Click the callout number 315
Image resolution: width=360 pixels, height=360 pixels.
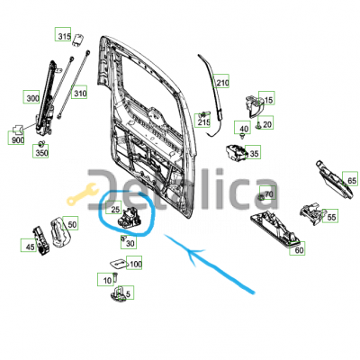click(64, 37)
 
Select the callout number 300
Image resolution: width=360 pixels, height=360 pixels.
click(32, 98)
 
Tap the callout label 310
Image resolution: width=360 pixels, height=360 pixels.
click(80, 94)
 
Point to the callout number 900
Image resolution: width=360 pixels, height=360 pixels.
click(17, 139)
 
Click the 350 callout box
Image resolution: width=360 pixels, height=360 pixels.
click(41, 153)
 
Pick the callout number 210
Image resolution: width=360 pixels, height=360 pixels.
click(222, 83)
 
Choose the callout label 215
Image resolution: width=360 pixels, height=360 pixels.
click(203, 122)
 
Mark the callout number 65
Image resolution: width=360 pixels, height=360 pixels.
click(352, 181)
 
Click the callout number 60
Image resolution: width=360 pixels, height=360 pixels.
click(299, 250)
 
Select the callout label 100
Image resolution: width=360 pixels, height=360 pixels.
click(135, 265)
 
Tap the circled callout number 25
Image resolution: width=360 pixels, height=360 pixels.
click(115, 210)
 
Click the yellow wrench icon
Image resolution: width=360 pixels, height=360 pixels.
click(82, 194)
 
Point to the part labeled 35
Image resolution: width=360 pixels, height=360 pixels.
click(236, 152)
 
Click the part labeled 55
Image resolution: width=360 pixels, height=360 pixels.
click(311, 212)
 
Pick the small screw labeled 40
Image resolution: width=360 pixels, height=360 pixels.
click(243, 137)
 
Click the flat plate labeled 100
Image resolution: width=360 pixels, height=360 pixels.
click(119, 264)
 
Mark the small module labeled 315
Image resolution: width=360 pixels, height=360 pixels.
click(78, 40)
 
